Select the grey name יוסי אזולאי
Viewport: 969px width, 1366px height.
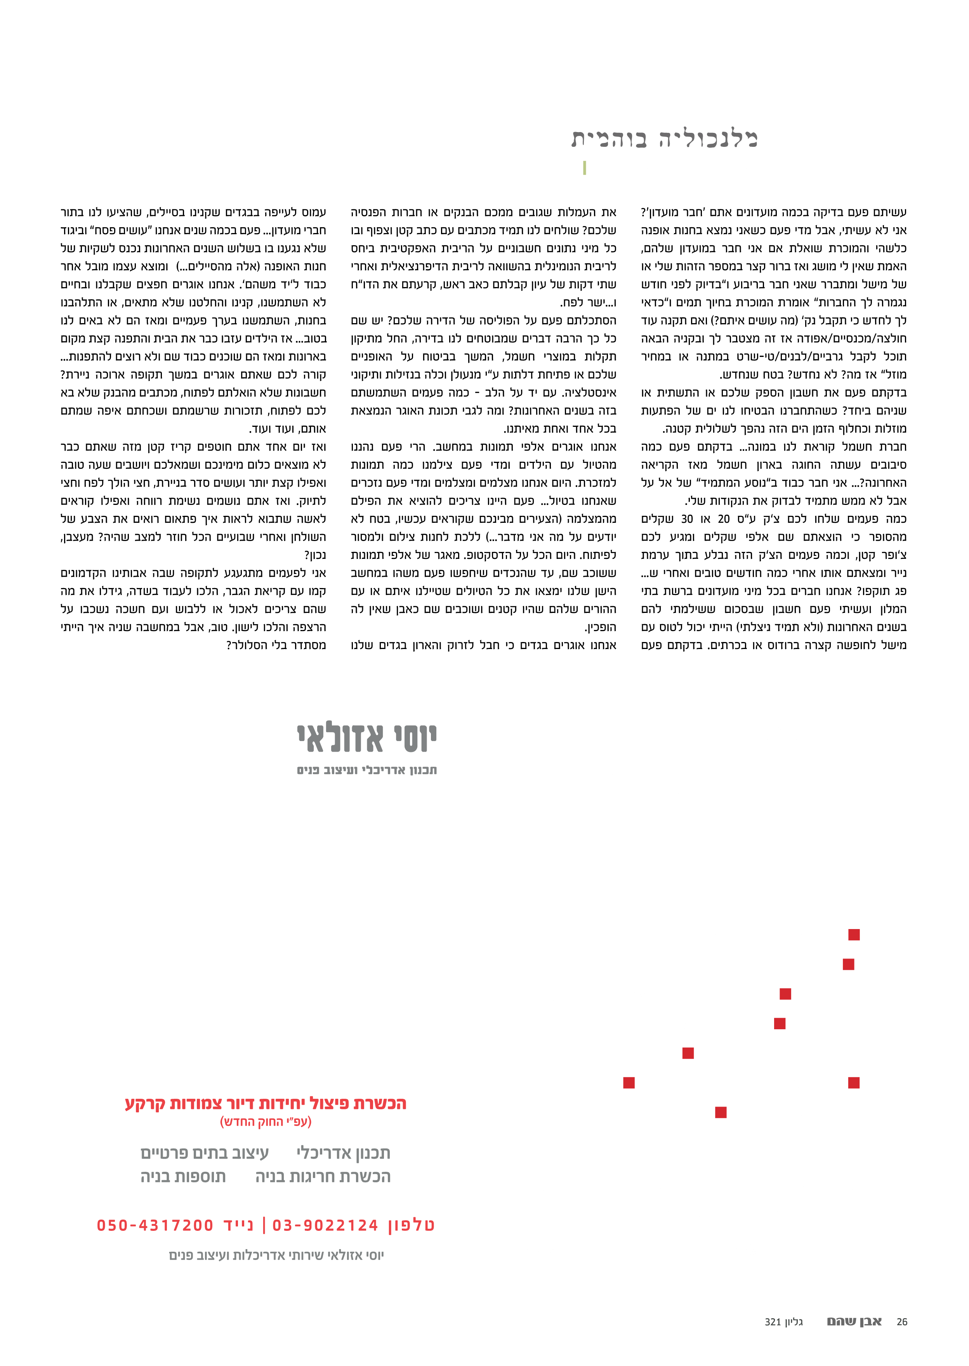pyautogui.click(x=367, y=738)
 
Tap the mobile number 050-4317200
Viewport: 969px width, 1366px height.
pyautogui.click(x=155, y=1225)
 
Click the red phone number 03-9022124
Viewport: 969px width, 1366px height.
pyautogui.click(x=325, y=1225)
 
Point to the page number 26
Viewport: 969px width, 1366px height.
pyautogui.click(x=901, y=1322)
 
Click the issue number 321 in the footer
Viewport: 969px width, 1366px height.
pyautogui.click(x=773, y=1322)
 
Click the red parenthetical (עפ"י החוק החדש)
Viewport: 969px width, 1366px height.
pyautogui.click(x=266, y=1121)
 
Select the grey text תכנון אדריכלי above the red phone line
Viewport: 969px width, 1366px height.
pyautogui.click(x=343, y=1153)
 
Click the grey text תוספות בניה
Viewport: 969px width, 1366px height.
pyautogui.click(x=183, y=1176)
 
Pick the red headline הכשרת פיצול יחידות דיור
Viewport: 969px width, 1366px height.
pyautogui.click(x=266, y=1103)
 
